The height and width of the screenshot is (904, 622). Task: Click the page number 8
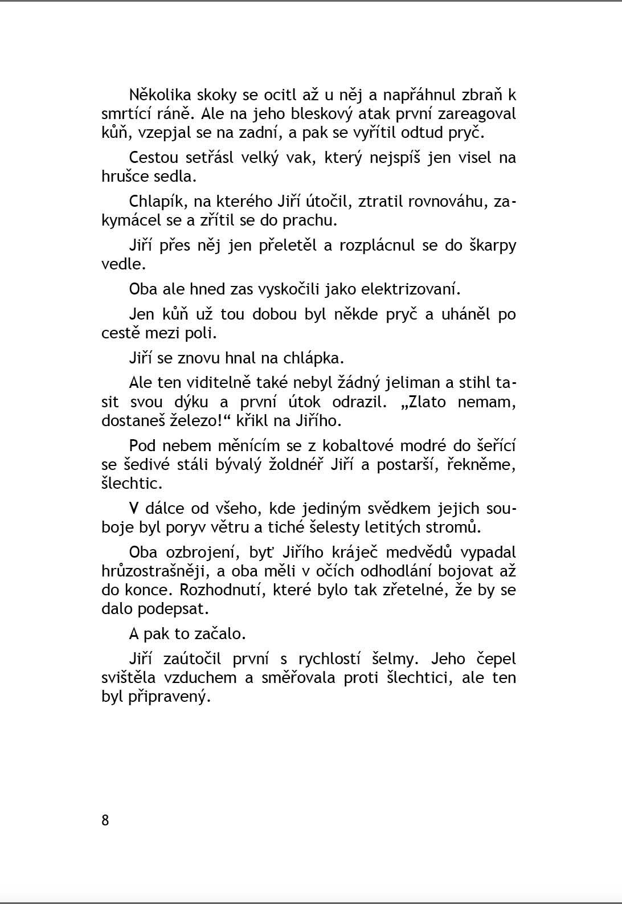pyautogui.click(x=105, y=820)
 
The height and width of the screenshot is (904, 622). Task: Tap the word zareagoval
pyautogui.click(x=477, y=114)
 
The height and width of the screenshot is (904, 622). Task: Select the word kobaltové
pyautogui.click(x=358, y=445)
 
